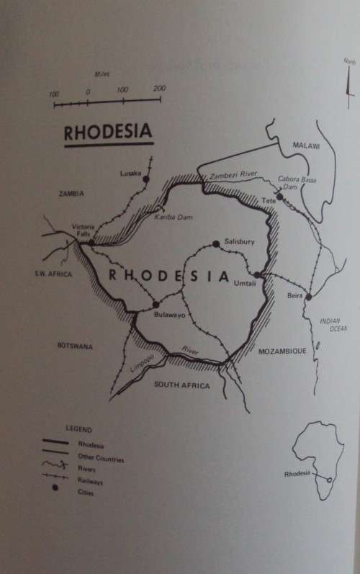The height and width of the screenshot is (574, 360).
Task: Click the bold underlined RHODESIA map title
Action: [108, 133]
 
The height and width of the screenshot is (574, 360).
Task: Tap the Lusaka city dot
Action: [146, 179]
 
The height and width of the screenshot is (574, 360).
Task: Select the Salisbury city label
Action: [239, 241]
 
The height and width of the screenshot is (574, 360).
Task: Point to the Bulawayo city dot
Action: [156, 304]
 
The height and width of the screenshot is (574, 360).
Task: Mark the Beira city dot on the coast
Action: [308, 297]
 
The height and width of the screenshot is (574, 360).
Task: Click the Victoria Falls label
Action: [83, 231]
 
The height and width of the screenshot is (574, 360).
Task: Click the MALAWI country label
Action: [305, 145]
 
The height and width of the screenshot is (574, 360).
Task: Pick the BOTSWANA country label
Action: [75, 346]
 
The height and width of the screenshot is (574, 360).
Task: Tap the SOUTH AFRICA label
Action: [182, 386]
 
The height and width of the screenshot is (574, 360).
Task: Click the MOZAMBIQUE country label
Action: [282, 351]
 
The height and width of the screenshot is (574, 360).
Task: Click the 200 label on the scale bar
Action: [159, 89]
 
